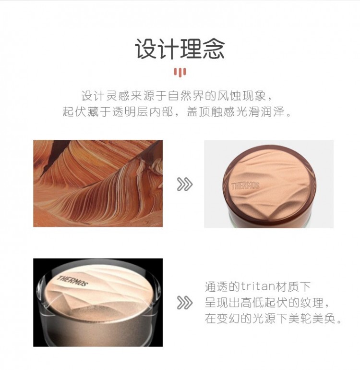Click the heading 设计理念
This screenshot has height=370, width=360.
click(x=180, y=49)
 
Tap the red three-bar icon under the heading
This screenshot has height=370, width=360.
click(x=180, y=72)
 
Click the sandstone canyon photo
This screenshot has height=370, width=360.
click(x=98, y=184)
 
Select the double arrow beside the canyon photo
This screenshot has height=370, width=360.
click(x=185, y=184)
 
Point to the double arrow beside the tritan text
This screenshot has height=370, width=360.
click(x=185, y=303)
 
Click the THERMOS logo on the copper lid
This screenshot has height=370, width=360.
click(x=245, y=186)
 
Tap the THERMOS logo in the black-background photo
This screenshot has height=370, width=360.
click(x=72, y=281)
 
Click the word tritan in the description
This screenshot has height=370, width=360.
click(x=258, y=286)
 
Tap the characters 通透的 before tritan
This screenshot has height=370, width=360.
click(x=222, y=286)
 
